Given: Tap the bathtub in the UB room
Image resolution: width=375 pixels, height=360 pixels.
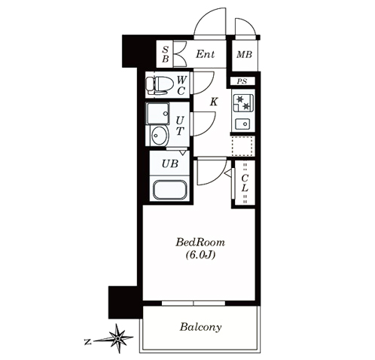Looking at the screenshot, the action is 170,190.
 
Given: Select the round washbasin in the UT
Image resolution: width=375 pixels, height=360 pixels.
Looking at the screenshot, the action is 159,136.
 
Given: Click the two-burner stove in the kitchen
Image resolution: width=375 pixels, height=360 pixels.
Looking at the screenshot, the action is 242,103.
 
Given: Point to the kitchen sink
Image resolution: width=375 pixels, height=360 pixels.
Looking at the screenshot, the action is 242,124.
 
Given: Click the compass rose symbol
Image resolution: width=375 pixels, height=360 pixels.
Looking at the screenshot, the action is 117,338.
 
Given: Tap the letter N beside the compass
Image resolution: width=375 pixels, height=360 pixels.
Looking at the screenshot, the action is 87,342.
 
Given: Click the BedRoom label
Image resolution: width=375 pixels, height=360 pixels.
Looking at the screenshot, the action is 200,243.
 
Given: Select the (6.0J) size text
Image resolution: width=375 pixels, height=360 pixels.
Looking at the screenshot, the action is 200,255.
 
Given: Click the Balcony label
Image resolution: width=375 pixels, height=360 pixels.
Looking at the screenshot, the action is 200,328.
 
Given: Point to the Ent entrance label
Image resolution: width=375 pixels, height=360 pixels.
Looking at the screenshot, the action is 205,54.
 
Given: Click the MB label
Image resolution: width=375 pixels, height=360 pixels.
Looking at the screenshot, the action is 244,54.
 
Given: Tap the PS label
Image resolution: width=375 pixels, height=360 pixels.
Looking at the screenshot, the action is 242,81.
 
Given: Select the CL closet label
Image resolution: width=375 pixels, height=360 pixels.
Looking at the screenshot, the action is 245,183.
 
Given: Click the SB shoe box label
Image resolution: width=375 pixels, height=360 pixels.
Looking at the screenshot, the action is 165,54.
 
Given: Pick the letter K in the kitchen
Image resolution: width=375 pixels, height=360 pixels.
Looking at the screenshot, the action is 214,102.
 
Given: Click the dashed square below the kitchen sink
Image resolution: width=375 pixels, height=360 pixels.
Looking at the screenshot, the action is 242,146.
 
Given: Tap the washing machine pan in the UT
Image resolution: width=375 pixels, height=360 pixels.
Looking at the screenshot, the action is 157,114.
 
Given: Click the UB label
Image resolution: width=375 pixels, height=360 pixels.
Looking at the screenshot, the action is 170,164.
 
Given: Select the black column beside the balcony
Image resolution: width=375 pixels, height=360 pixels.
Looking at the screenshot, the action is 123,302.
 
